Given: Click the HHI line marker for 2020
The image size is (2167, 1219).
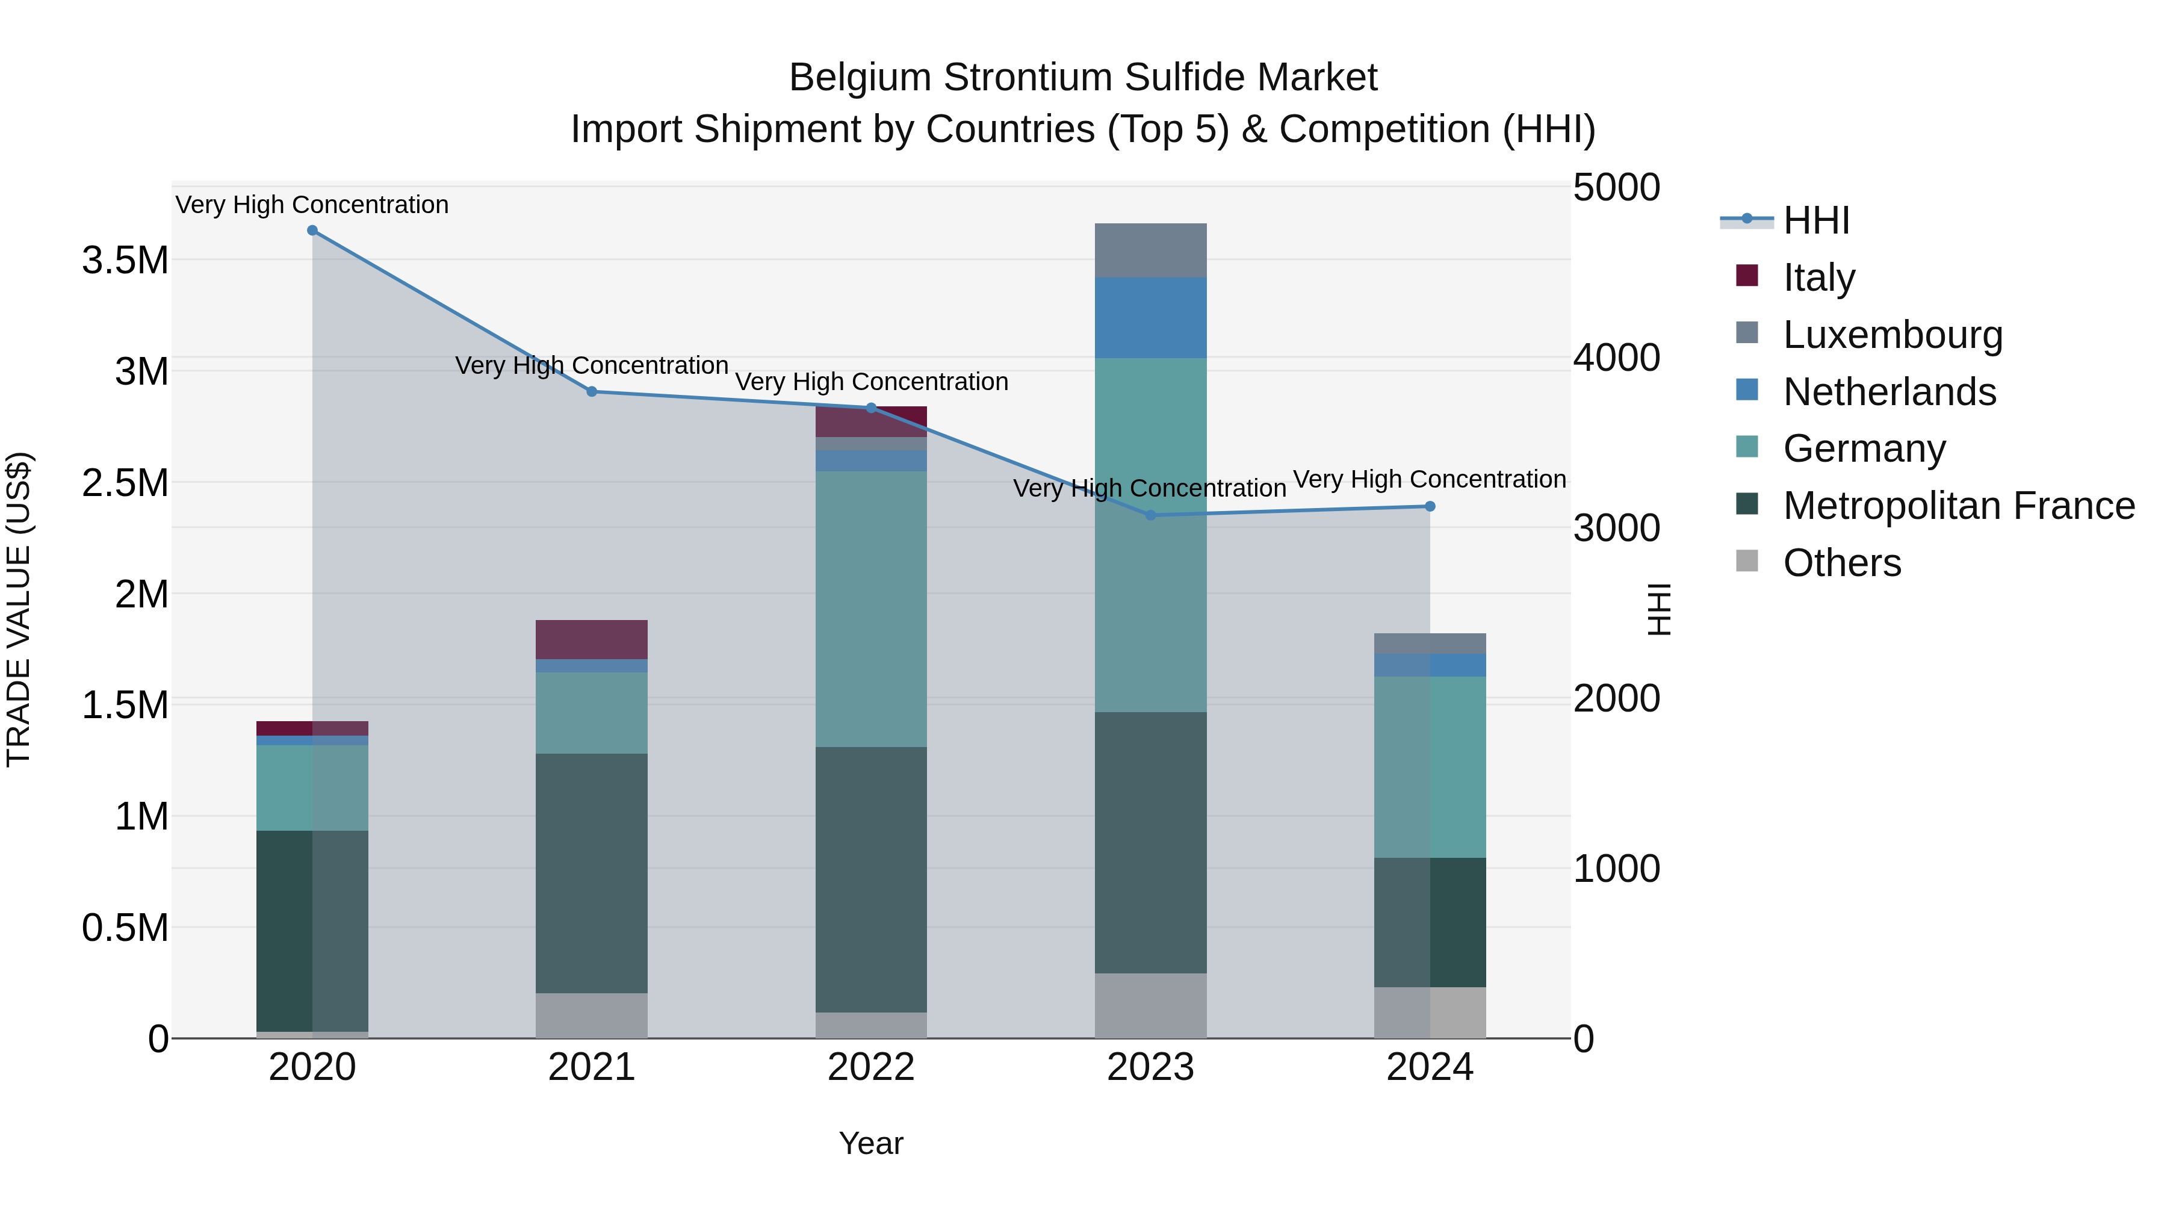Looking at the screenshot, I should coord(312,231).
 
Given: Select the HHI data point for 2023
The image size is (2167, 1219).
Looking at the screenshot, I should coord(1151,515).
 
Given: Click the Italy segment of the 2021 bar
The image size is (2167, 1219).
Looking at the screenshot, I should coord(591,639).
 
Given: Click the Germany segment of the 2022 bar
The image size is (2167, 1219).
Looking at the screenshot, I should coord(870,609).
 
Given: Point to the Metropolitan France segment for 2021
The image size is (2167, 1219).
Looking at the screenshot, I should coord(591,873).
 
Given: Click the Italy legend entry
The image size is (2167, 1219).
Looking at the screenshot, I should coord(1818,278).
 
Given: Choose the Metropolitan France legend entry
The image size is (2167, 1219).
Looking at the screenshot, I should coord(1958,506).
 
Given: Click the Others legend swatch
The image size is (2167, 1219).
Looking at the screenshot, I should coord(1747,561).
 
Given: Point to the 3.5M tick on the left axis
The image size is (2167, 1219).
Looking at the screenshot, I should coord(125,261).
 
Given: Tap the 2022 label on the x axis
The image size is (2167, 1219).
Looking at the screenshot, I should coord(870,1067).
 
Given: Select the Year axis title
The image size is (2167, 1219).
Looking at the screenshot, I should coord(870,1143).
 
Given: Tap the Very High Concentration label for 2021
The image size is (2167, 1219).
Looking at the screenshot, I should coord(591,366).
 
